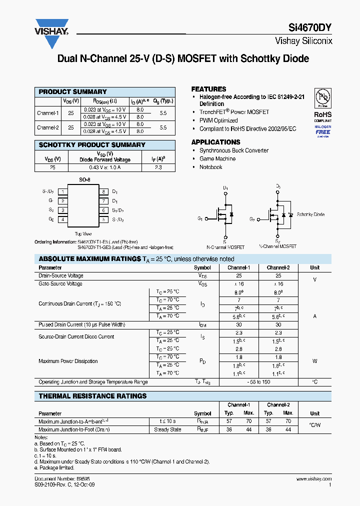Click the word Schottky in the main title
[x=261, y=58]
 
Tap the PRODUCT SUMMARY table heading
[x=72, y=92]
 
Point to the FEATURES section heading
[x=208, y=89]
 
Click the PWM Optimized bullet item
[x=218, y=120]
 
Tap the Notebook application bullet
[x=210, y=167]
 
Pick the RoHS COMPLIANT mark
[x=322, y=117]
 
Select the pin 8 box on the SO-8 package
[x=103, y=191]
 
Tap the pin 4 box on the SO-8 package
[x=62, y=219]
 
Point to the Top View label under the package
[x=83, y=233]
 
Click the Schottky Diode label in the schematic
[x=310, y=214]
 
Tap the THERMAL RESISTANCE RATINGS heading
[x=92, y=396]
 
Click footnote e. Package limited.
[x=54, y=468]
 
